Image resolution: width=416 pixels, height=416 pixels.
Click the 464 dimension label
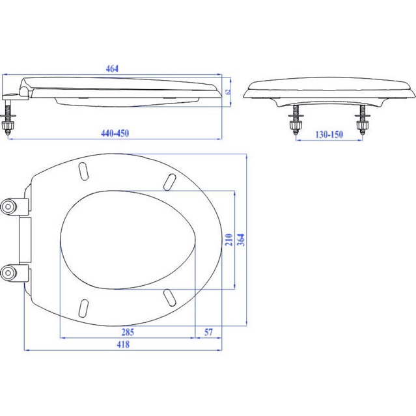click(x=112, y=69)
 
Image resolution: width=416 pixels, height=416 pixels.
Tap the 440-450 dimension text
click(x=115, y=133)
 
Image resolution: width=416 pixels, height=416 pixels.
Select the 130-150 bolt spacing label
click(x=329, y=134)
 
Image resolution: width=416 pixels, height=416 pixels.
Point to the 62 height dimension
click(x=228, y=91)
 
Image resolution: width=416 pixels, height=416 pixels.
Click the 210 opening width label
click(x=229, y=240)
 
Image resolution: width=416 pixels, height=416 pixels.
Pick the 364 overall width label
click(x=241, y=240)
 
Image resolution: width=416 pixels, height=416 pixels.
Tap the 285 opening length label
click(x=128, y=332)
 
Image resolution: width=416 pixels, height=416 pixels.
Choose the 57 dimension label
click(x=208, y=332)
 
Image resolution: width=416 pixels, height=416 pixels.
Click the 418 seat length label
click(x=123, y=344)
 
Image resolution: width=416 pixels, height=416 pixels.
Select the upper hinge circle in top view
click(x=8, y=206)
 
